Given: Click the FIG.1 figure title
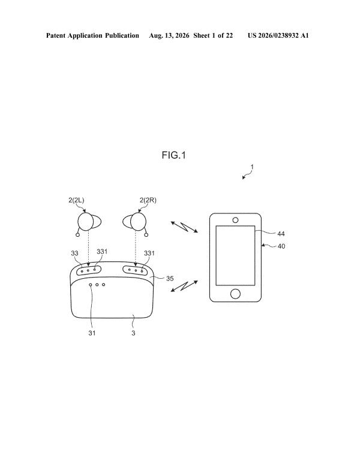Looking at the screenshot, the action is point(174,155).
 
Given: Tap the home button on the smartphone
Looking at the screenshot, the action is point(235,294).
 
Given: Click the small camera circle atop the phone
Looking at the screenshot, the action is point(235,220).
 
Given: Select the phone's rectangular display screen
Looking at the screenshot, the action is point(235,255).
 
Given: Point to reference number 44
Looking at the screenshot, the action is point(281,234).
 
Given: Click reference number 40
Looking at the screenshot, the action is point(281,246).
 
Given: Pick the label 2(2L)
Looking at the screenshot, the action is point(76,200).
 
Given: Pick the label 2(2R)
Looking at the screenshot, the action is point(148,200).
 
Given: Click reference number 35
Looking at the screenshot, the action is point(170,278).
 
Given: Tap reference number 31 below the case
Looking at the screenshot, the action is point(92,333).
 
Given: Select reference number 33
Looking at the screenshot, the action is point(74,253).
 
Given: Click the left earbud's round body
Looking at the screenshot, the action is point(86,222).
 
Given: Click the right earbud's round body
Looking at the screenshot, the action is point(138,222).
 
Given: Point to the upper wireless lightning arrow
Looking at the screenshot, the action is point(184,227).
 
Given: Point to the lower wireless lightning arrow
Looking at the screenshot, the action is point(184,286).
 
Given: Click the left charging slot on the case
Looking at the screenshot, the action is point(89,270).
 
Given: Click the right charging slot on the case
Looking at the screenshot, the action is point(136,270).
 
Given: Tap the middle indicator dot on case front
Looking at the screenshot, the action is point(97,285).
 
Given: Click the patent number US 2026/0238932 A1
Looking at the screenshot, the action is point(278,36).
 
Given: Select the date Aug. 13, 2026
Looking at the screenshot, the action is point(169,36).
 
